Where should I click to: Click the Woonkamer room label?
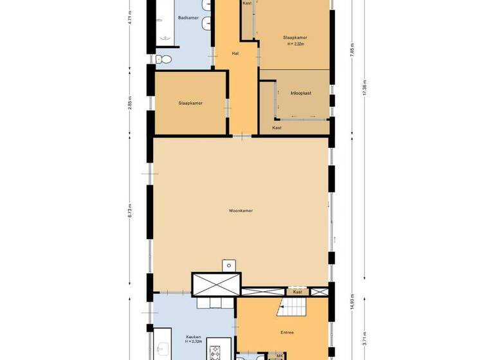click(x=241, y=210)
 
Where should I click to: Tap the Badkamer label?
click(x=187, y=17)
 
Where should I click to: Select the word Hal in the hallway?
click(x=235, y=53)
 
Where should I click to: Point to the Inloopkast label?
click(x=301, y=93)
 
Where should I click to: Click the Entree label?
click(x=287, y=332)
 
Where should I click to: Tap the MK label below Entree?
click(x=280, y=355)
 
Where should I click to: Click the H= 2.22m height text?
click(x=295, y=44)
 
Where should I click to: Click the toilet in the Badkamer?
click(x=164, y=60)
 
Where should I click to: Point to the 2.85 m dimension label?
click(x=130, y=103)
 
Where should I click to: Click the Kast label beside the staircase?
click(x=297, y=292)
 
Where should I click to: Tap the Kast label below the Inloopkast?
click(x=277, y=128)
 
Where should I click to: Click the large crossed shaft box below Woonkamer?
click(x=216, y=283)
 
